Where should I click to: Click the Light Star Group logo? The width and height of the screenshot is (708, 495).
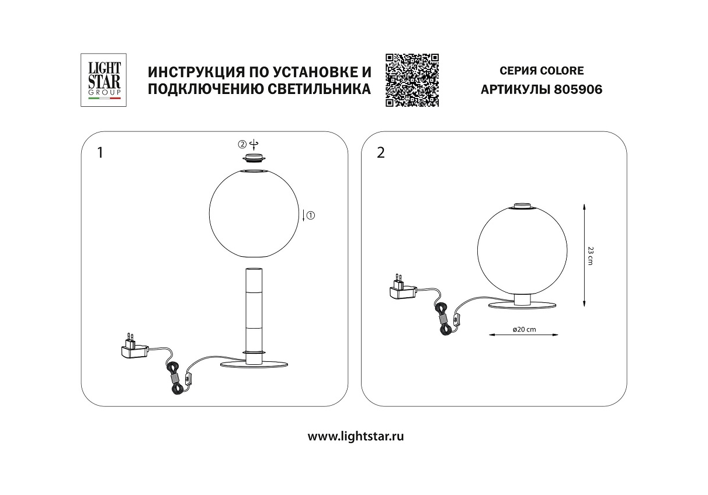click(103, 80)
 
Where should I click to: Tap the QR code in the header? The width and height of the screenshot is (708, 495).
click(412, 80)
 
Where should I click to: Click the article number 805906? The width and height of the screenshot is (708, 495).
click(578, 90)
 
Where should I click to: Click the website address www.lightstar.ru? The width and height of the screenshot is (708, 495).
click(356, 437)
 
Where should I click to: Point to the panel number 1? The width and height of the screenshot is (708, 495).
click(100, 153)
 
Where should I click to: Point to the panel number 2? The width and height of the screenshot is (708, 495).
click(381, 153)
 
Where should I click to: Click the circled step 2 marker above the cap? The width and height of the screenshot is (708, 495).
click(242, 144)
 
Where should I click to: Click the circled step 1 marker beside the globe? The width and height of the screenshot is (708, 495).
click(311, 215)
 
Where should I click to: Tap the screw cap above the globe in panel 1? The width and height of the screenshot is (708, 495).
click(254, 158)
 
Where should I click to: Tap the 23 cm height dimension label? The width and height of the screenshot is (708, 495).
click(590, 256)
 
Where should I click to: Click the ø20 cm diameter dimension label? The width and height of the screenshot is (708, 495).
click(525, 329)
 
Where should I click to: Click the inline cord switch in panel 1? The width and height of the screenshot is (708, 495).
click(189, 379)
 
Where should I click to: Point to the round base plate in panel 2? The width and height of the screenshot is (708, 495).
click(522, 306)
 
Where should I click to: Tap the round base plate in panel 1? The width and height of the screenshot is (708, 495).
click(254, 364)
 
